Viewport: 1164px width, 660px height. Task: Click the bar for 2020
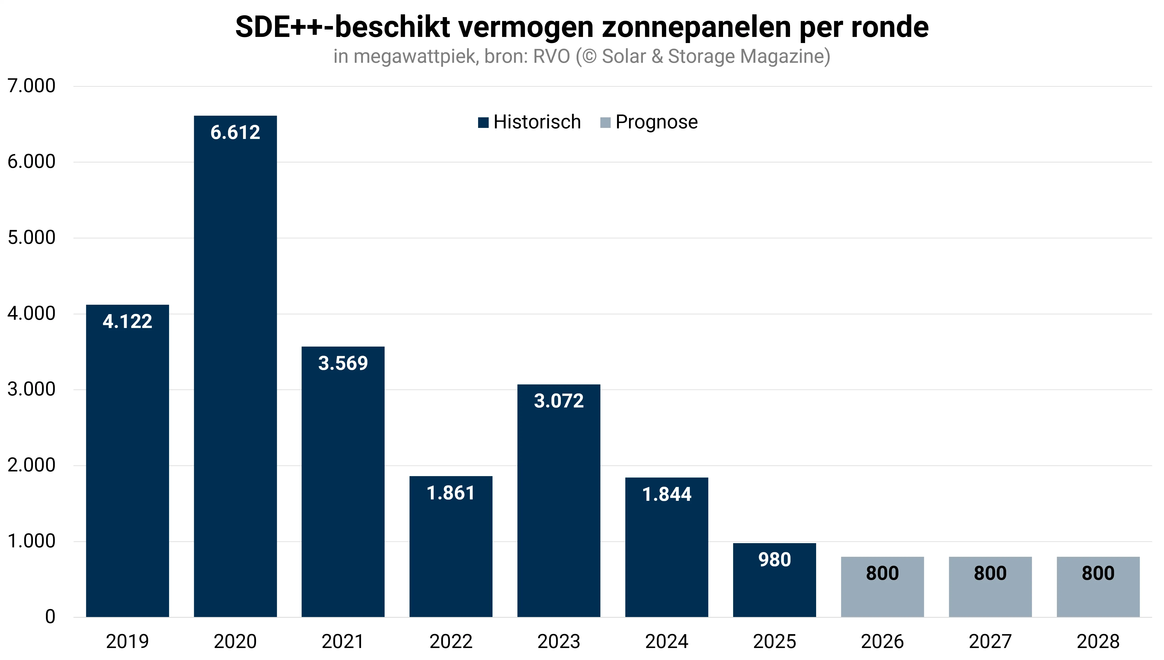235,366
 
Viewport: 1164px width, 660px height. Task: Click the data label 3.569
343,363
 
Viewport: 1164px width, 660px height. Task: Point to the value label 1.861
451,493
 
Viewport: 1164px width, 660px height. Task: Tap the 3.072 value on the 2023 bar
559,401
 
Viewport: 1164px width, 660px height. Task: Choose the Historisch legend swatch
484,123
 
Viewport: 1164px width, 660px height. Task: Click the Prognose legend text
657,122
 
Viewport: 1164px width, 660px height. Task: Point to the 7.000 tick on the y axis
31,86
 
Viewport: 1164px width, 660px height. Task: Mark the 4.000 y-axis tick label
31,313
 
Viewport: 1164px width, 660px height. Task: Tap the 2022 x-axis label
451,641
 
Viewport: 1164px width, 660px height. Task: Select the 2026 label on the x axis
882,641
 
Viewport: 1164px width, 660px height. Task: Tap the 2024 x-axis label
666,641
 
